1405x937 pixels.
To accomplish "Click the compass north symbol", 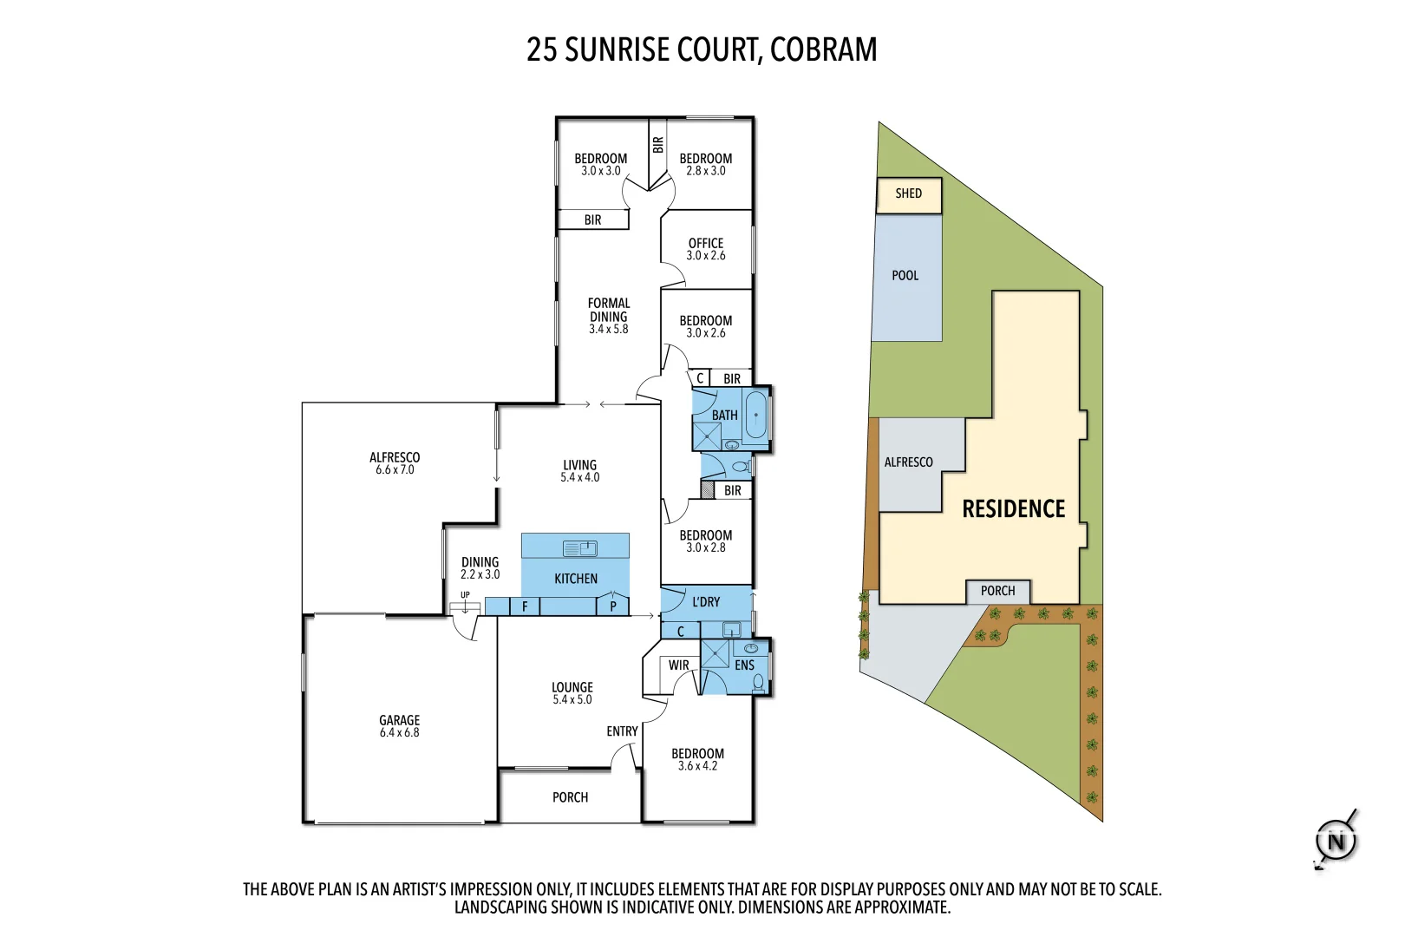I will pos(1336,841).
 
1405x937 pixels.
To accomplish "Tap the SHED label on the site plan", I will pos(908,193).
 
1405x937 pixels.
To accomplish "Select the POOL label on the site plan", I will pos(905,276).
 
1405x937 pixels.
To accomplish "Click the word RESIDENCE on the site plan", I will pos(1013,509).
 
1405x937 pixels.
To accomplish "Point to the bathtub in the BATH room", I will pos(756,416).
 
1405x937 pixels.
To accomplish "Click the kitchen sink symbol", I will pos(580,548).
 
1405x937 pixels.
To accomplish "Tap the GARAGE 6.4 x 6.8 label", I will pos(399,726).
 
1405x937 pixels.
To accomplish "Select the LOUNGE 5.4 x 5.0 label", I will pos(572,693).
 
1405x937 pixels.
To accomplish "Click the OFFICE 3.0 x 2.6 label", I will pos(706,249).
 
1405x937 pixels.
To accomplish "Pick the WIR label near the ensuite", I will pos(678,665).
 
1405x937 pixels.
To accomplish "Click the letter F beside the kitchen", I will pos(525,606).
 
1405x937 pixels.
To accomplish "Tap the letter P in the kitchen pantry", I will pos(613,606).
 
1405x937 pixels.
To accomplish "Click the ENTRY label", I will pos(622,731).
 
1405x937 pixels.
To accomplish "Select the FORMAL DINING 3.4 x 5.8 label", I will pos(609,316).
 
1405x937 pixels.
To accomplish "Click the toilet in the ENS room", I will pos(759,682).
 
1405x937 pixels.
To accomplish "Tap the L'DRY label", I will pos(706,601).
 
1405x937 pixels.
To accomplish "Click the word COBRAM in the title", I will pos(823,49).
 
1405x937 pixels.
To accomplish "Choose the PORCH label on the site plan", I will pos(997,591).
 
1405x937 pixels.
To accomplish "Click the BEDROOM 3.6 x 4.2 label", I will pos(697,759).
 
